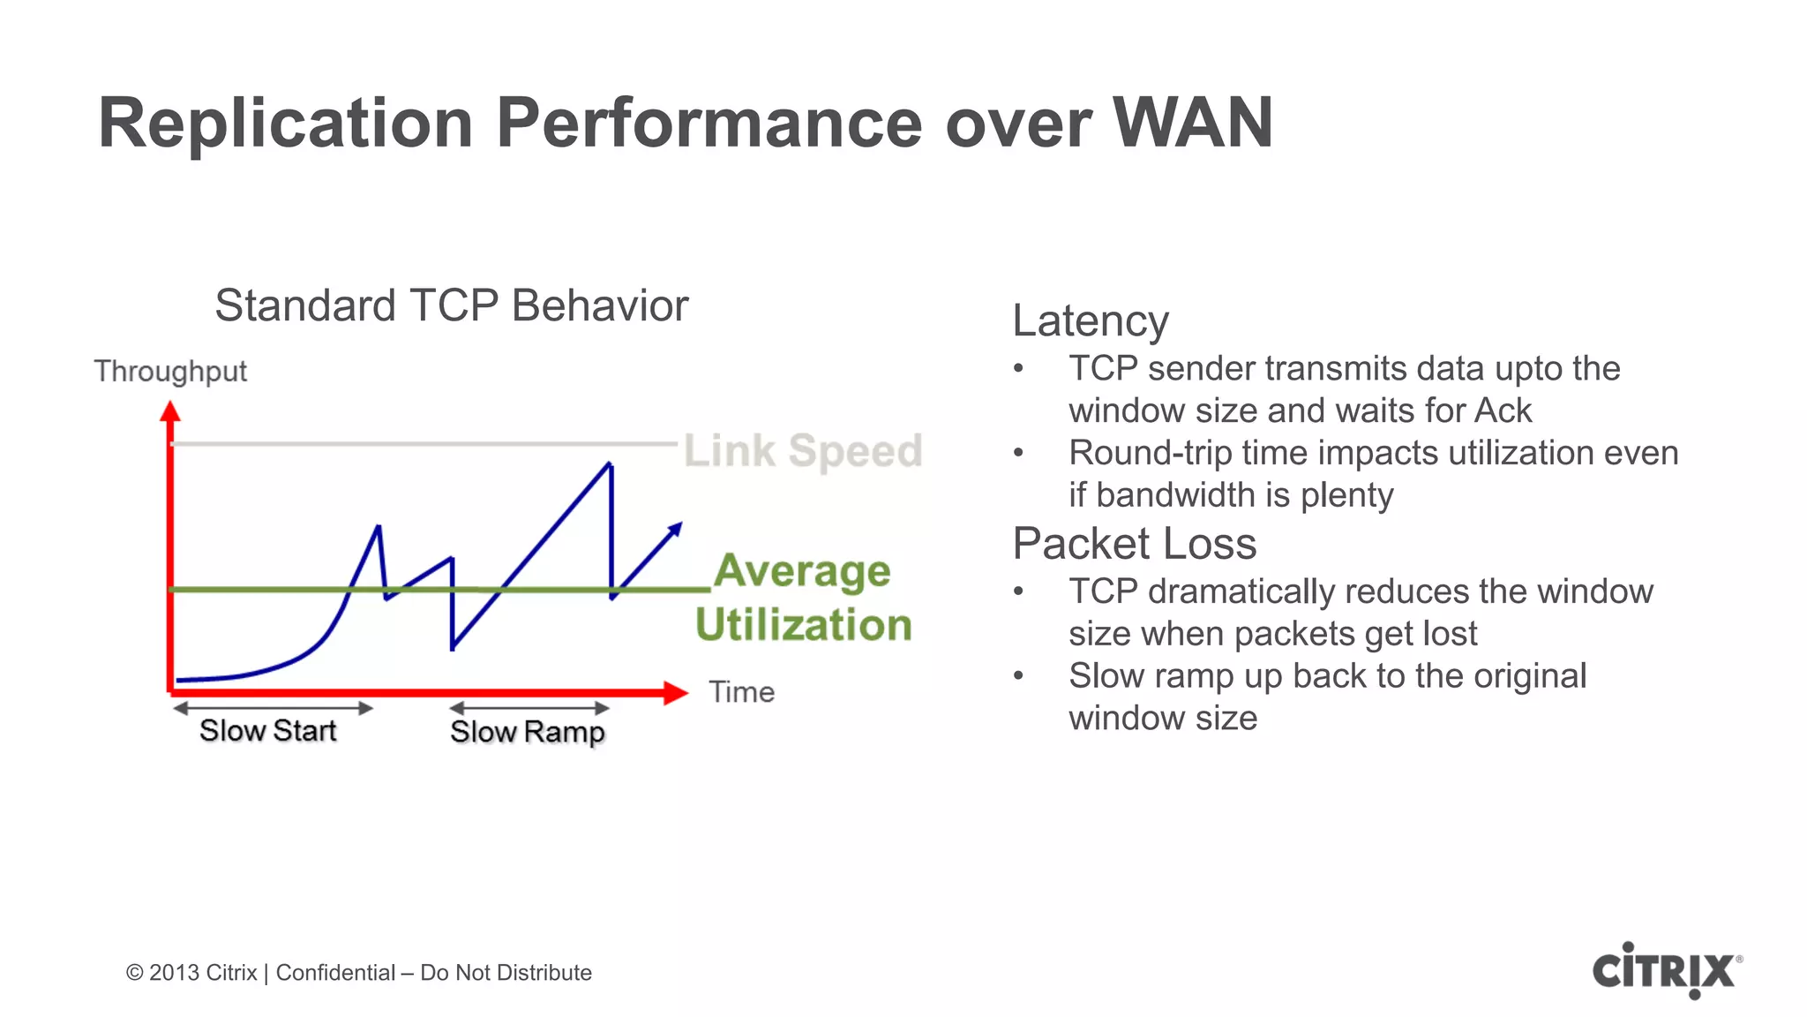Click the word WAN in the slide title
1192,123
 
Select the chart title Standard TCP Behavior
451,306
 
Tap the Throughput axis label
170,372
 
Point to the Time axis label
741,692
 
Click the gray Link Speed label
803,451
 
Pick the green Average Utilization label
803,598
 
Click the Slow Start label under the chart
267,731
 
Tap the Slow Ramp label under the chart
527,732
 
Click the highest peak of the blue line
610,464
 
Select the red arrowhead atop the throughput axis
170,411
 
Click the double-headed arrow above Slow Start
273,708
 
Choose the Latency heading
1090,320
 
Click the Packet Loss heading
1134,544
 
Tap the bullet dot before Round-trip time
1018,454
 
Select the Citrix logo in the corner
1666,970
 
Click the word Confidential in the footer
335,973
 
